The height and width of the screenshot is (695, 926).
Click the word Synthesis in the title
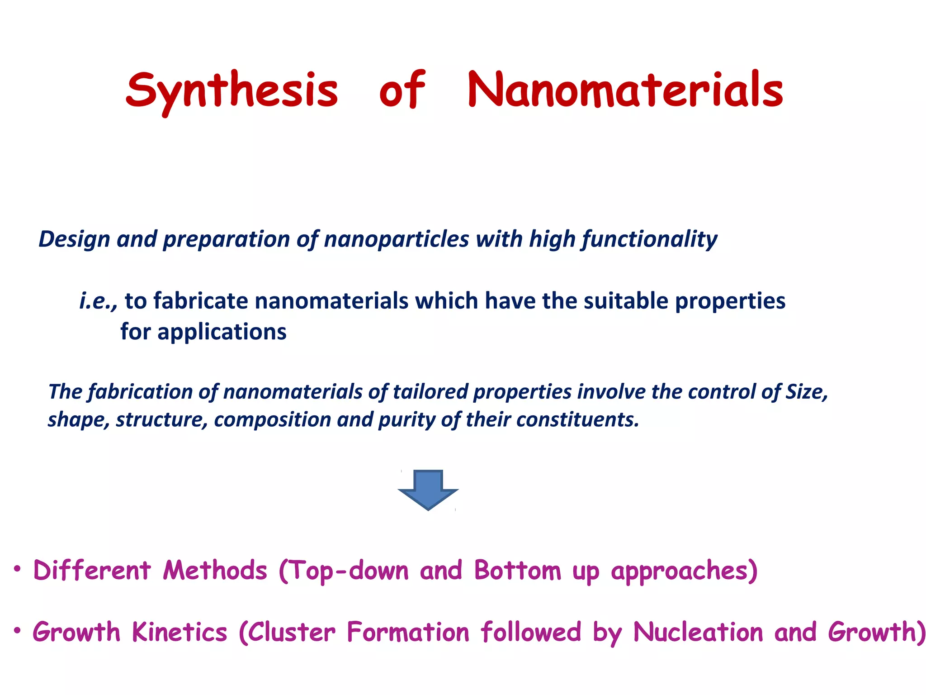[231, 90]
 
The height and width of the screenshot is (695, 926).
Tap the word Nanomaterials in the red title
[625, 90]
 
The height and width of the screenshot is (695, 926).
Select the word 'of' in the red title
[402, 90]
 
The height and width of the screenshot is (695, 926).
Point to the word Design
[74, 239]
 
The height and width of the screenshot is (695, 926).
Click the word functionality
[649, 239]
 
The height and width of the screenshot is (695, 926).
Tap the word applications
[222, 332]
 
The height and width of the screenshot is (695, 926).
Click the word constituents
[577, 420]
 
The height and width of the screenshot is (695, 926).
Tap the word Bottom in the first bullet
[517, 571]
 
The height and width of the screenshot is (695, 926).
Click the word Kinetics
[180, 632]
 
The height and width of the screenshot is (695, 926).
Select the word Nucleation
[698, 632]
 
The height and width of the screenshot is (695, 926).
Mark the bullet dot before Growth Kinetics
[17, 630]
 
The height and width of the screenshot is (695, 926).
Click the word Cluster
[292, 632]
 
